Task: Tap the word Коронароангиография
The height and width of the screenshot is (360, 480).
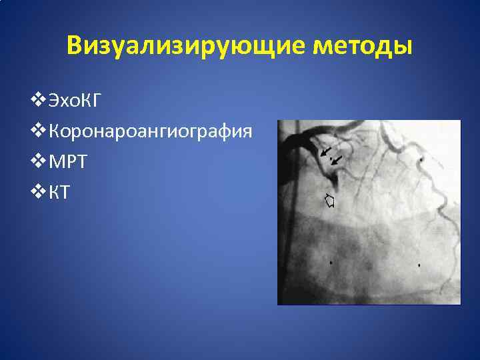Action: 151,131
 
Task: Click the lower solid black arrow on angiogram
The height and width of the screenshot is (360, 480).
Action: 337,161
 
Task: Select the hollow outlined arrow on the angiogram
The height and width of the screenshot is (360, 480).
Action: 329,199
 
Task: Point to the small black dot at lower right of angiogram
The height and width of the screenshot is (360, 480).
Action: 419,265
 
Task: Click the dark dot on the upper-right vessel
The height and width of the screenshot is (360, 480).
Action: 421,161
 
